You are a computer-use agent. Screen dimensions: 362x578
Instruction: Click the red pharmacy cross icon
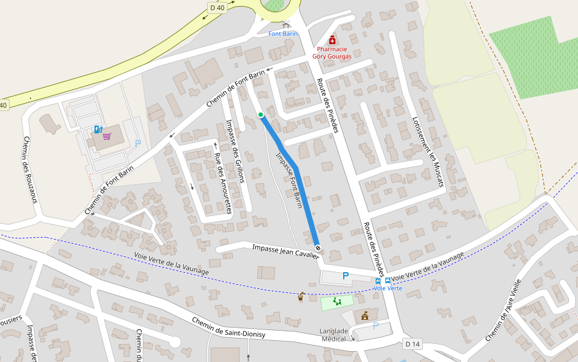point(332,40)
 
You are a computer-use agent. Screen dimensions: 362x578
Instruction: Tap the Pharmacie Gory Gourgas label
point(332,52)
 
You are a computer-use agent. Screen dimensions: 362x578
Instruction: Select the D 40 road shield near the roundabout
point(217,8)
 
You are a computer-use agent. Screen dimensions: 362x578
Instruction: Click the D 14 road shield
point(412,344)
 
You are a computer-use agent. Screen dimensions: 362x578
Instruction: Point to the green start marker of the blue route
point(261,115)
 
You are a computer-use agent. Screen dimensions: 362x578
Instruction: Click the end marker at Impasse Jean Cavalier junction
point(317,248)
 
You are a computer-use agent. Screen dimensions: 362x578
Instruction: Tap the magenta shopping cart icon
point(107,136)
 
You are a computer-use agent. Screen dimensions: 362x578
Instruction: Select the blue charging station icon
point(98,129)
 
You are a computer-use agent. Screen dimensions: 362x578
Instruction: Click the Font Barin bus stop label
point(283,34)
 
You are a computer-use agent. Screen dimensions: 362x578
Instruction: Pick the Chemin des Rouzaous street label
point(31,170)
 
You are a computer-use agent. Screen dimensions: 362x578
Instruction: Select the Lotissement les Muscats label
point(427,151)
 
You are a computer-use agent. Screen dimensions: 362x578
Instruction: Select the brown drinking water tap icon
point(301,297)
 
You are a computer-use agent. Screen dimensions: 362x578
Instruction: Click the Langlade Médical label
point(337,335)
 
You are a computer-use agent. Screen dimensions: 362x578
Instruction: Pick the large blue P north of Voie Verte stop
point(346,276)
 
